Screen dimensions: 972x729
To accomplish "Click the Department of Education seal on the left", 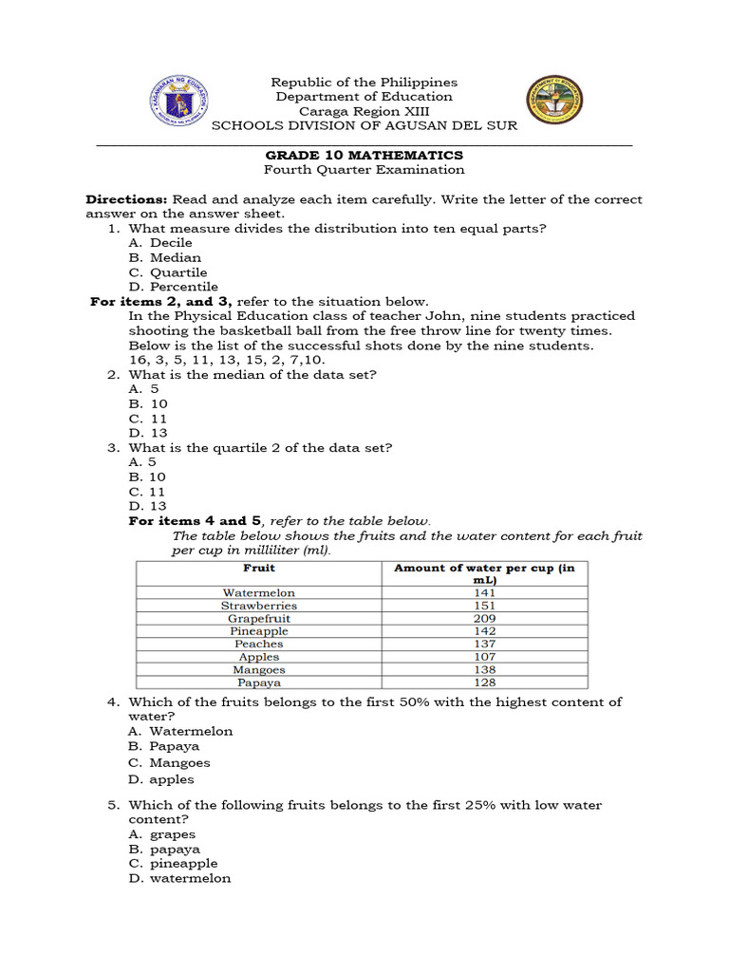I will (x=180, y=102).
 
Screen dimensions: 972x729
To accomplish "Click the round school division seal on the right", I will (x=554, y=102).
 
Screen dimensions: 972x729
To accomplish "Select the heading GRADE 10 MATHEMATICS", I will (x=364, y=155).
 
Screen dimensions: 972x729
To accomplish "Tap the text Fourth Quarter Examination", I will (x=364, y=170).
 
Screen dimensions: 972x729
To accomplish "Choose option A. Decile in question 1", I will (x=160, y=243).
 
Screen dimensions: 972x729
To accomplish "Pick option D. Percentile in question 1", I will (x=173, y=287).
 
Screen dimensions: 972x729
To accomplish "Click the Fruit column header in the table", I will (x=259, y=568).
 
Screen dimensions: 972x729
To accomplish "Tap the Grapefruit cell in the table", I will (x=259, y=618).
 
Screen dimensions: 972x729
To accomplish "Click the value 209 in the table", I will (x=484, y=618).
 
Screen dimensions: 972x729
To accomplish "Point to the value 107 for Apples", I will (x=484, y=657).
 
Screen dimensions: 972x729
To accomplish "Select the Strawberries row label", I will (x=259, y=606).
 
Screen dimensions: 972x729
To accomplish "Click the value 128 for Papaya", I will (x=484, y=682).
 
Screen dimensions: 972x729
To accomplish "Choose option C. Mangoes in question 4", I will (x=169, y=763).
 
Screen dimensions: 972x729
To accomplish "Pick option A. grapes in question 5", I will (x=162, y=835).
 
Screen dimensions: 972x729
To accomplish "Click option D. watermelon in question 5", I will (x=179, y=879).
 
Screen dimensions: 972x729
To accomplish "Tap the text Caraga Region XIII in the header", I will (x=364, y=111).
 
